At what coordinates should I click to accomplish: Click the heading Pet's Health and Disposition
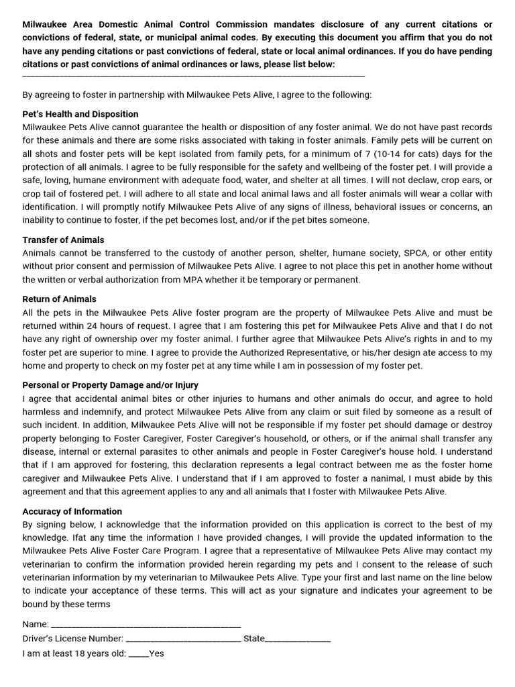click(80, 114)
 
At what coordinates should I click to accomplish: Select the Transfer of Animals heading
click(63, 240)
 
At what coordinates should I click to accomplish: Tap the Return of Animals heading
click(59, 299)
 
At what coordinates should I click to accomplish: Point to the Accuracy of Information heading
click(72, 511)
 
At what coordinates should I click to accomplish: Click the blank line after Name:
click(146, 625)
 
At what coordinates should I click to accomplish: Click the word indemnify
click(103, 412)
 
